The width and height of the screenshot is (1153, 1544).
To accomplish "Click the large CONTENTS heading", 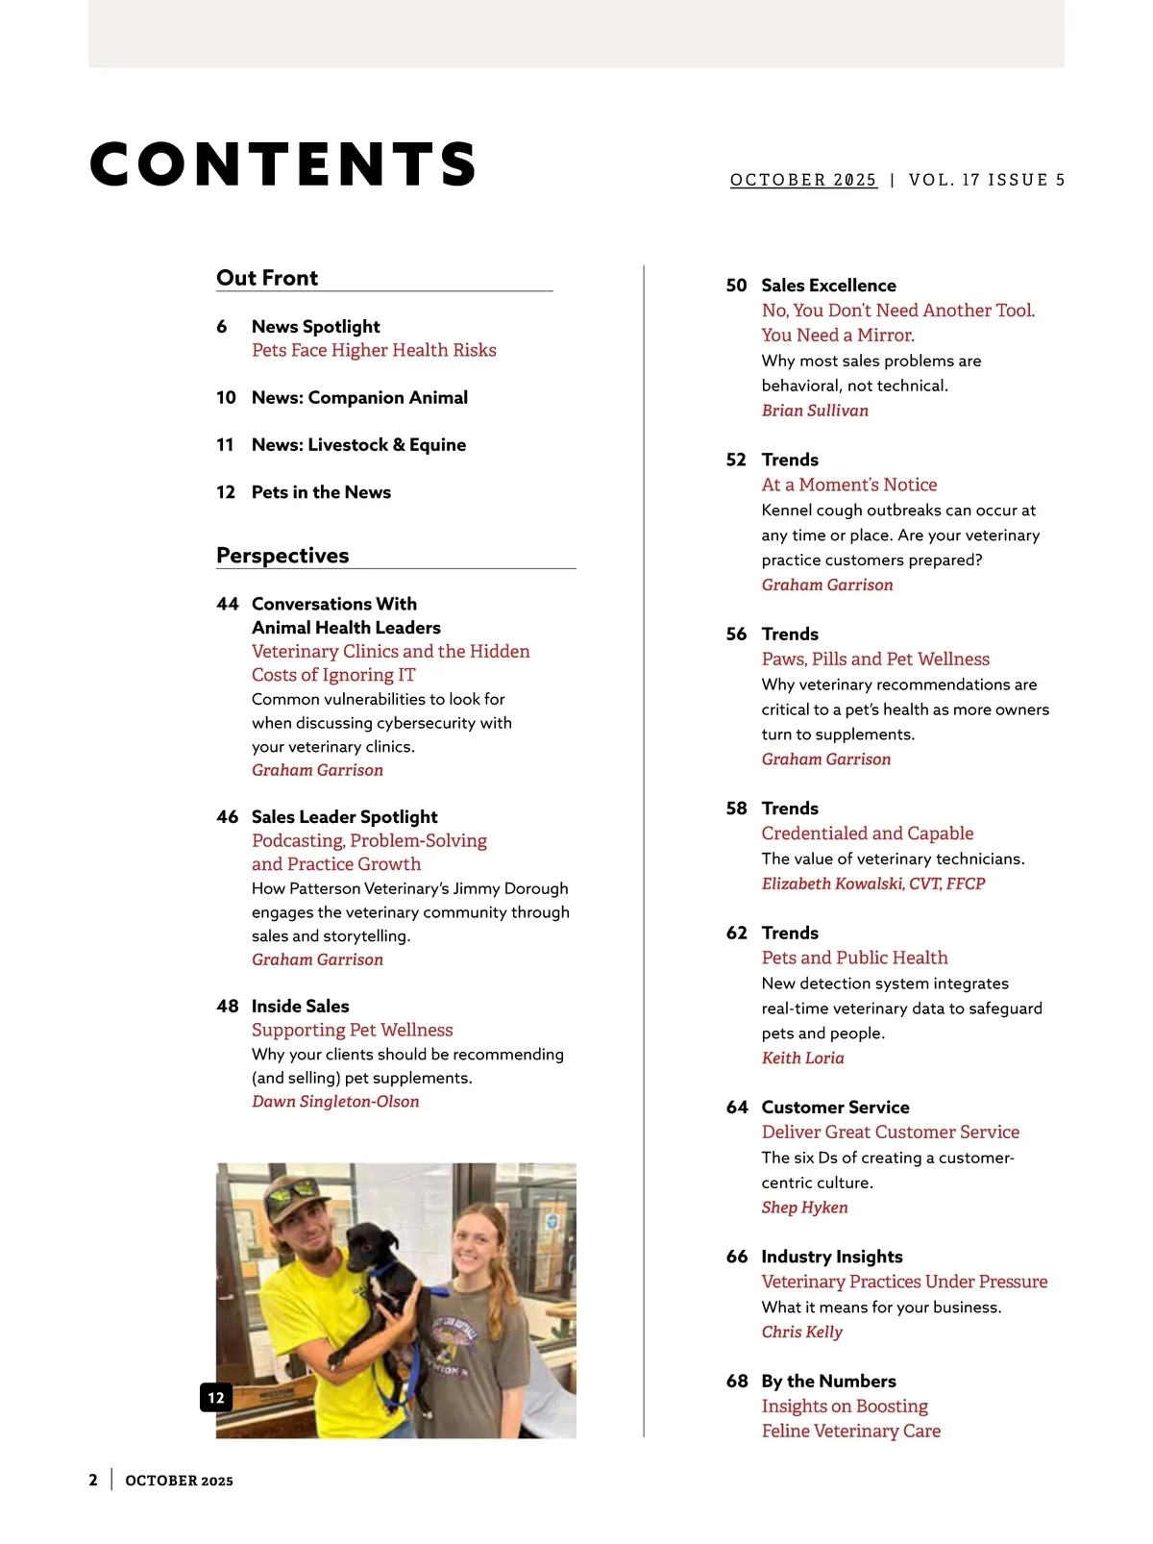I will point(283,163).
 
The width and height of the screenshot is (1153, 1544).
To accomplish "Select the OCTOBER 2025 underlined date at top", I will point(803,180).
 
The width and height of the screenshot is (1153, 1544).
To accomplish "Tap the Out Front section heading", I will point(267,278).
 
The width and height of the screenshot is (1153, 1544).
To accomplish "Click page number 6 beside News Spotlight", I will point(222,327).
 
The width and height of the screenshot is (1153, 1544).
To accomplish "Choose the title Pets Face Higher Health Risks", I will point(374,350).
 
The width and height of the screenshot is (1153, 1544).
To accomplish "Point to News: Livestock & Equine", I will point(358,444).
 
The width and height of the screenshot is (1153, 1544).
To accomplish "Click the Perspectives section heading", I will point(282,556).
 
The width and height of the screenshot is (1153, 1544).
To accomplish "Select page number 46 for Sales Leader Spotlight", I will point(227,817).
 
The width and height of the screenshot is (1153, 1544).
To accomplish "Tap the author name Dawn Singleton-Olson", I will point(335,1102).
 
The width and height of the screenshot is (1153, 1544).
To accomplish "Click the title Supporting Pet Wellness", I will point(352,1030).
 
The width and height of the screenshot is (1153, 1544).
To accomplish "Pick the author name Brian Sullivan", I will point(815,411).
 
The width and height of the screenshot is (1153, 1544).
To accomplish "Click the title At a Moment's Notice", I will point(849,485).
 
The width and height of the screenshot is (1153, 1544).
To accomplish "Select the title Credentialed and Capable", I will point(868,834).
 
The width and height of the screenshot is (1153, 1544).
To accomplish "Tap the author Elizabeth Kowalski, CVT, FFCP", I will point(873,884).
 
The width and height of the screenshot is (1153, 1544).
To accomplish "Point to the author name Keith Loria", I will point(802,1058).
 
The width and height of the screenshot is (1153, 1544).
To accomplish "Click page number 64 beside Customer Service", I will point(737,1108).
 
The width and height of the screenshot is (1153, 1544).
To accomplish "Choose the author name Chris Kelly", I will point(801,1332).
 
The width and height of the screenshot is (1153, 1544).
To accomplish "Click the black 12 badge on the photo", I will point(216,1398).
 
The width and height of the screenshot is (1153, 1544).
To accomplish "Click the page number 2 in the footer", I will point(93,1481).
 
